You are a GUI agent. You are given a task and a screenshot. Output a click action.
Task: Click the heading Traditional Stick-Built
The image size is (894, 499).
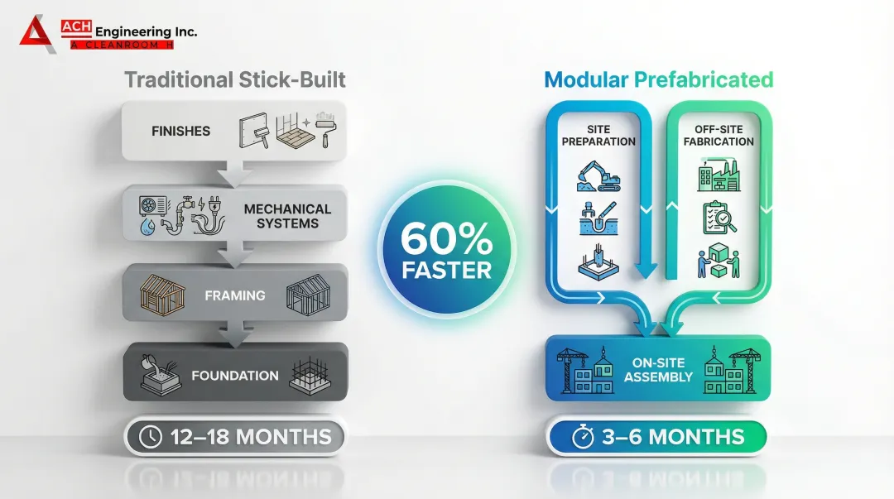235,80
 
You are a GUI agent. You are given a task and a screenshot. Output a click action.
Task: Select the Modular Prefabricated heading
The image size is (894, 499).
658,80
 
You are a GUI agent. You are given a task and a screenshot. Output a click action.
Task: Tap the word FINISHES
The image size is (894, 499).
180,131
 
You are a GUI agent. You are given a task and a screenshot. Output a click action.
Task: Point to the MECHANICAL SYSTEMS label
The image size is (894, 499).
287,216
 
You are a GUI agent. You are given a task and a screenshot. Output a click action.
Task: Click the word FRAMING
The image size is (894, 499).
236,295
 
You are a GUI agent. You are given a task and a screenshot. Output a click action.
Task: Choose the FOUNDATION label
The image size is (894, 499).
235,376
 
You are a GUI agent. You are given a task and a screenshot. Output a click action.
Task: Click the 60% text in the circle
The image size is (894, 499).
447,240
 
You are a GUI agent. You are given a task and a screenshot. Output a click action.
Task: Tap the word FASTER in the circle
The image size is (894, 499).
447,270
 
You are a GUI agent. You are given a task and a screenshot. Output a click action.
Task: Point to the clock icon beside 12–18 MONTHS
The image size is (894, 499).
151,438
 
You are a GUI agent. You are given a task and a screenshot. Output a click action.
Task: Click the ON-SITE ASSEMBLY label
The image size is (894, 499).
658,369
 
